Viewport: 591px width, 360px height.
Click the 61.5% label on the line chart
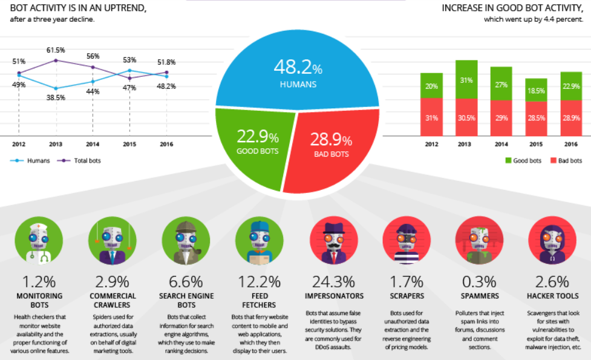tap(56, 50)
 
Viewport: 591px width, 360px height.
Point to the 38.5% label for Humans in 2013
tap(56, 97)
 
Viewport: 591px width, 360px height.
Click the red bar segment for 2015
tap(535, 117)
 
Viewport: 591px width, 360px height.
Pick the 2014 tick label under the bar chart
tap(501, 145)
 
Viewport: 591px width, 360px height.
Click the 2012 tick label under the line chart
tap(19, 145)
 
